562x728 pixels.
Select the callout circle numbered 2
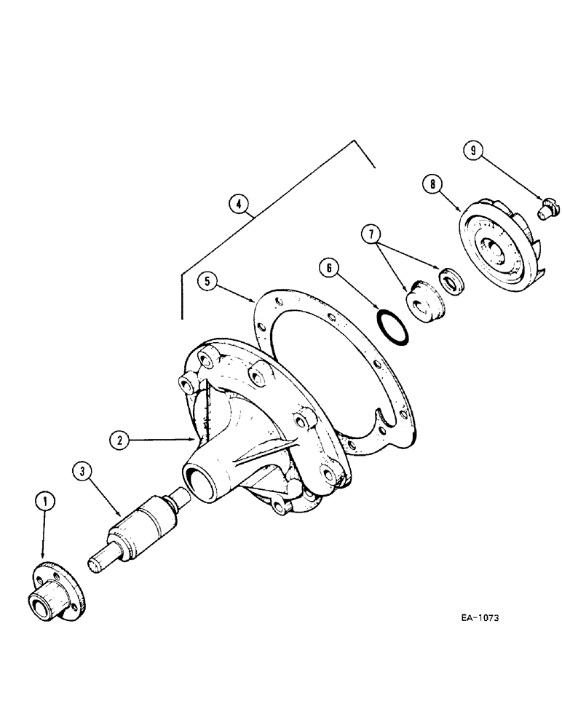tap(119, 440)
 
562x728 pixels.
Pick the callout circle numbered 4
tap(237, 205)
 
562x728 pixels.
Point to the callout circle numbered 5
tap(207, 280)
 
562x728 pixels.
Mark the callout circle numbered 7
tap(371, 234)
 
